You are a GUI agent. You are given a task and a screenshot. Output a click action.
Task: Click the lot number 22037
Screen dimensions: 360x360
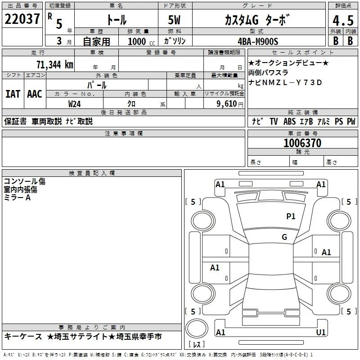22,19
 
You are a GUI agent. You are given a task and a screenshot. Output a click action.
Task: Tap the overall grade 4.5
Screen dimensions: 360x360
343,20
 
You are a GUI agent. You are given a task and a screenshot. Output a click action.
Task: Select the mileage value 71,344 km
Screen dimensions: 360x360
55,64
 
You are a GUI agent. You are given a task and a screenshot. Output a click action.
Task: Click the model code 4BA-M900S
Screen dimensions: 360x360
258,41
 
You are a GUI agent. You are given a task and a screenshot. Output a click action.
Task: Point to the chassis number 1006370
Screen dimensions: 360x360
302,143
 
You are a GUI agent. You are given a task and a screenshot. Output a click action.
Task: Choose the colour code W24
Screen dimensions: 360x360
74,104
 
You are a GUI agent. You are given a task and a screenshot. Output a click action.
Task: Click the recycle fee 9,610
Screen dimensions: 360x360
227,103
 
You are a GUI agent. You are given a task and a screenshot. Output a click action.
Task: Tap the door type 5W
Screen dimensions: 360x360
174,20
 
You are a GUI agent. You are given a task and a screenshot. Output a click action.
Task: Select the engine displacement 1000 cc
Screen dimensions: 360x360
141,41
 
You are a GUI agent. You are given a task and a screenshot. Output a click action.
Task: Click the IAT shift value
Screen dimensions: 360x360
13,94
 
